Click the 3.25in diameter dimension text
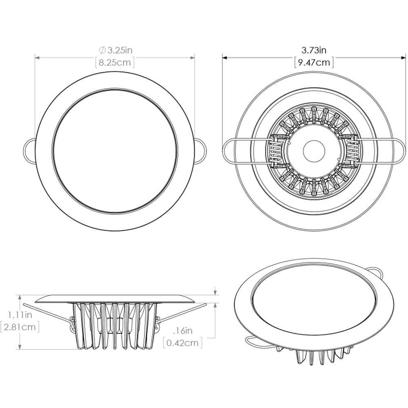coord(120,51)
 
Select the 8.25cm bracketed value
coord(115,63)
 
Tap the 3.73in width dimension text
coord(314,50)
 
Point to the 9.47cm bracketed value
coord(314,62)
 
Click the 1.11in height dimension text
coord(20,315)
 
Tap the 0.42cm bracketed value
coord(182,343)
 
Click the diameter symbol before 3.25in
coord(102,51)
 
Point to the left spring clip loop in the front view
coord(30,149)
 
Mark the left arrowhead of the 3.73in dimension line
coord(224,58)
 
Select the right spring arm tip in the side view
coord(204,304)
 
